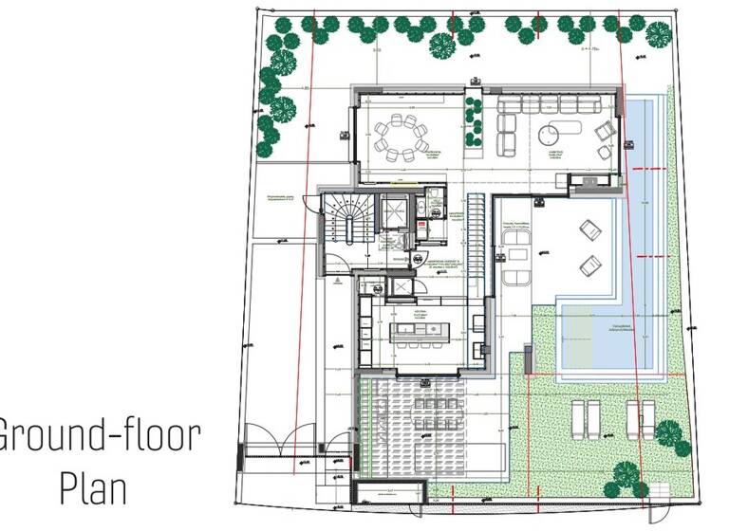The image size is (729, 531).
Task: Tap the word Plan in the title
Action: (x=100, y=490)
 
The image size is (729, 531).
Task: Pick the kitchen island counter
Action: (x=419, y=332)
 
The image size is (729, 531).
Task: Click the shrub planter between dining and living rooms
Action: (x=469, y=124)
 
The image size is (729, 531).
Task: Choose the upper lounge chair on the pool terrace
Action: (x=589, y=228)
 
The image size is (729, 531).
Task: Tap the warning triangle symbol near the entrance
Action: (x=336, y=281)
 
